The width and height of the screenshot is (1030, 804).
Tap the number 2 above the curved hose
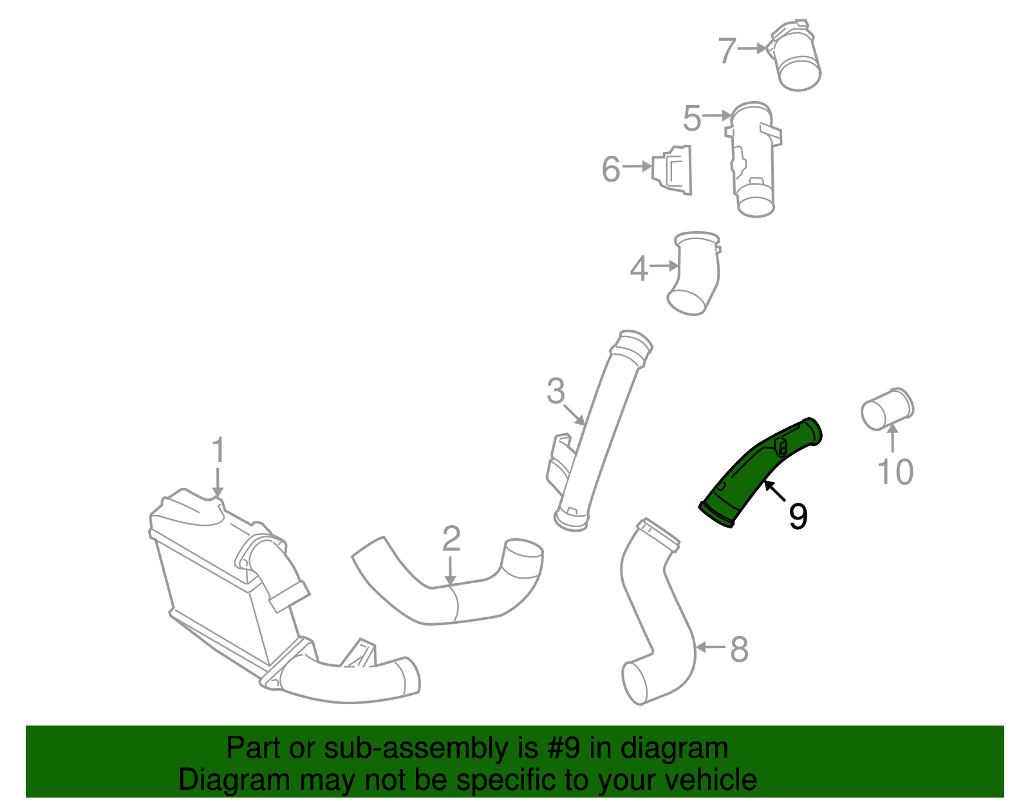(451, 539)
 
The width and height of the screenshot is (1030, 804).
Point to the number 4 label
(639, 268)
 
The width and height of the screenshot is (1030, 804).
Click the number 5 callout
(692, 119)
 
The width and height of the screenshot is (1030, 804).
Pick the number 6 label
(610, 169)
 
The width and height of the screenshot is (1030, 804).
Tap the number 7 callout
(727, 50)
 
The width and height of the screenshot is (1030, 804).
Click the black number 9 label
(798, 516)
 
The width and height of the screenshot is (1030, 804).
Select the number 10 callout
(895, 472)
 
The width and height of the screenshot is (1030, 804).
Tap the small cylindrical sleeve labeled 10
(887, 409)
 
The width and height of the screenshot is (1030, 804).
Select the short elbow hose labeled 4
(695, 274)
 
